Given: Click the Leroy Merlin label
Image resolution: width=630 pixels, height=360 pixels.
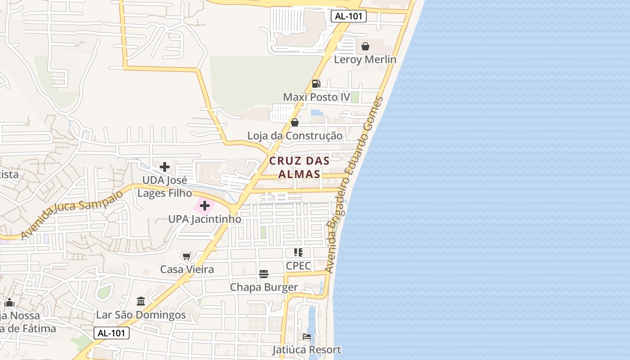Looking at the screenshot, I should [365, 59].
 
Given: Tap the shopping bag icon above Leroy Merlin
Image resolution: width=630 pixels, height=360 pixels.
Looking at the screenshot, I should [365, 46].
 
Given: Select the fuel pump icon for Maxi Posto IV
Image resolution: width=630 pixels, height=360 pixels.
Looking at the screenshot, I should [316, 84].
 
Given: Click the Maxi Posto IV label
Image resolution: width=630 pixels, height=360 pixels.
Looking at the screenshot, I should [316, 97].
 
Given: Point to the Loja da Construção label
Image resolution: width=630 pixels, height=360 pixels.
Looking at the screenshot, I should [295, 135].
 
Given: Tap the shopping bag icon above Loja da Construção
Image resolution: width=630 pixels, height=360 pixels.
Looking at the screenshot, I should [295, 122].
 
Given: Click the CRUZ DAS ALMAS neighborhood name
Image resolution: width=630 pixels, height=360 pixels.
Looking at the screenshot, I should [299, 167].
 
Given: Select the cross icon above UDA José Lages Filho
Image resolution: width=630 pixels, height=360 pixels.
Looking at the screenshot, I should [165, 167].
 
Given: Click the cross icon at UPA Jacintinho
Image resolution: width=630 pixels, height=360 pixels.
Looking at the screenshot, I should [205, 206].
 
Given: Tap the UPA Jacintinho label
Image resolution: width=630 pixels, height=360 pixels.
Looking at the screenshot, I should [205, 219].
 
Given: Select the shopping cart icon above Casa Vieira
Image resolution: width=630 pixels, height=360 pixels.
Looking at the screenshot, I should [187, 256].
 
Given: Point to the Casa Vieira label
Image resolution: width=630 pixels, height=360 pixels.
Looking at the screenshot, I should [187, 270].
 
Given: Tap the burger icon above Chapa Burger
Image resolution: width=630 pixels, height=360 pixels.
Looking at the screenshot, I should [264, 274].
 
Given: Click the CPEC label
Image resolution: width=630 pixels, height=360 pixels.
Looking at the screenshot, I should [298, 265].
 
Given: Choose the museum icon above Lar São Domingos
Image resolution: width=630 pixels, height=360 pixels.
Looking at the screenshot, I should [141, 301].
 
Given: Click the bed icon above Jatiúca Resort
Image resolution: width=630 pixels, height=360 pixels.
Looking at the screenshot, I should [307, 337].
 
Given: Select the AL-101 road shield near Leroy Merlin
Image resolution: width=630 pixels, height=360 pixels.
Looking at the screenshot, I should [348, 17].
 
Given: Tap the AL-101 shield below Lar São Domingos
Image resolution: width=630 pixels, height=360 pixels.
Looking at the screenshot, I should [112, 333].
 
